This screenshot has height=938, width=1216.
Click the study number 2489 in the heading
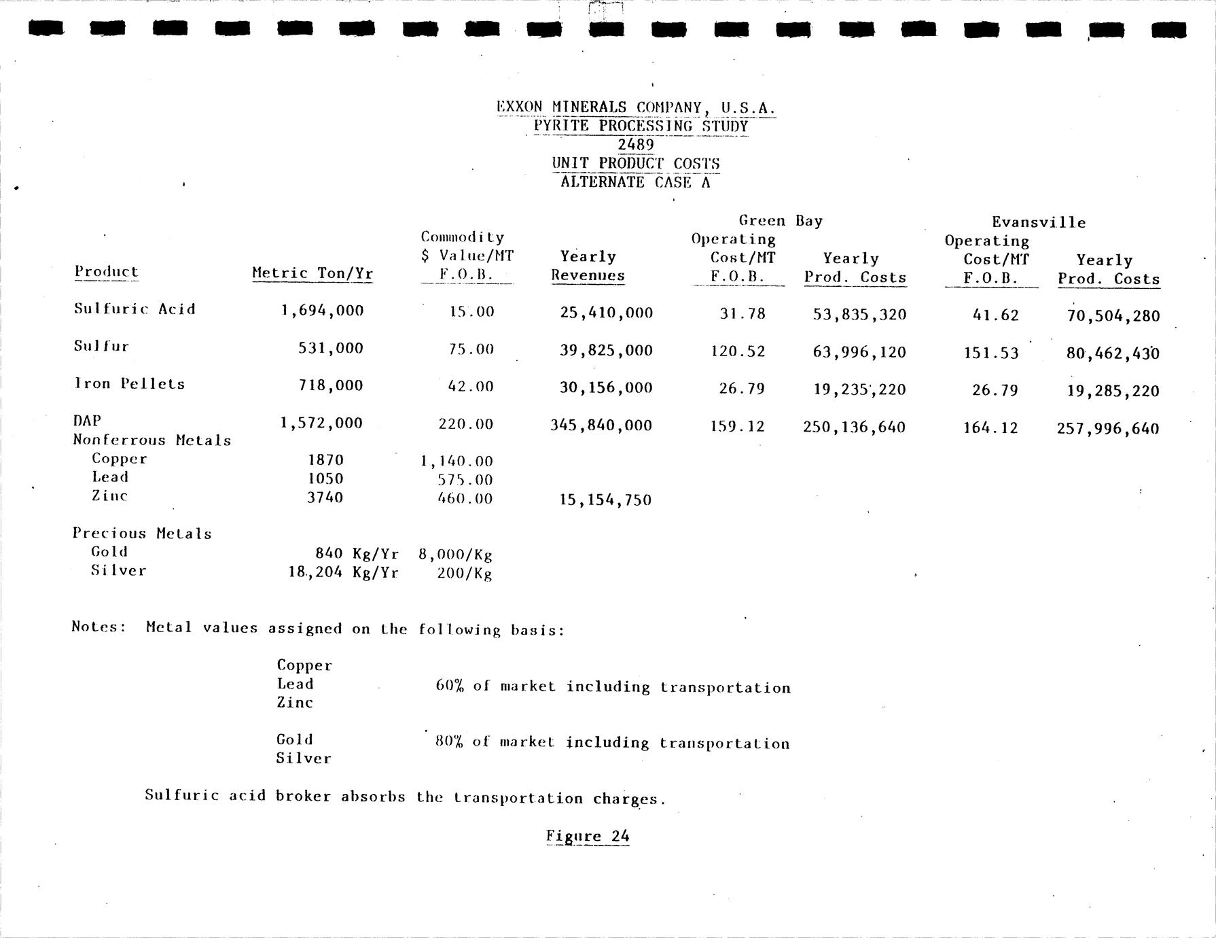[x=635, y=145]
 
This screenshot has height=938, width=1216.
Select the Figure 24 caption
[x=588, y=836]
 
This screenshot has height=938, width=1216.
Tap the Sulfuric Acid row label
[x=135, y=309]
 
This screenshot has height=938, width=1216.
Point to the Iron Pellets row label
[x=129, y=384]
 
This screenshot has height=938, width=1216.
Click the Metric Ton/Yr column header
[x=312, y=273]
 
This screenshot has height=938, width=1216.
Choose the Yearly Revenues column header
[x=588, y=266]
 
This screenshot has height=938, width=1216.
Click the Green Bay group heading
[x=781, y=221]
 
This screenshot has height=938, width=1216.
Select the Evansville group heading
[x=1039, y=222]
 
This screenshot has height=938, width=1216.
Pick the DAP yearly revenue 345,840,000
[x=601, y=426]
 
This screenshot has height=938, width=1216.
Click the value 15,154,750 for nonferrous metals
[x=605, y=500]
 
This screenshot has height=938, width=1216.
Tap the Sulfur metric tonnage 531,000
[x=331, y=349]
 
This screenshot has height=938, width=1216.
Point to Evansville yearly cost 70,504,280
[x=1113, y=316]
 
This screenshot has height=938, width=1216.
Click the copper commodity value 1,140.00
[x=457, y=462]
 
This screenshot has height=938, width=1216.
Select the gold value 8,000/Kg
[x=455, y=554]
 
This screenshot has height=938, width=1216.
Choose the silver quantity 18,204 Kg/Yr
[x=343, y=572]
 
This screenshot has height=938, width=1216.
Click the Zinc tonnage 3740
[x=325, y=498]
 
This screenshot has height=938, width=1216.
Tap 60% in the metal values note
[x=449, y=686]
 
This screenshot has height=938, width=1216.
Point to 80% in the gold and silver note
[x=449, y=742]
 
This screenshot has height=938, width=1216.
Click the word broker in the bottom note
[x=303, y=796]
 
